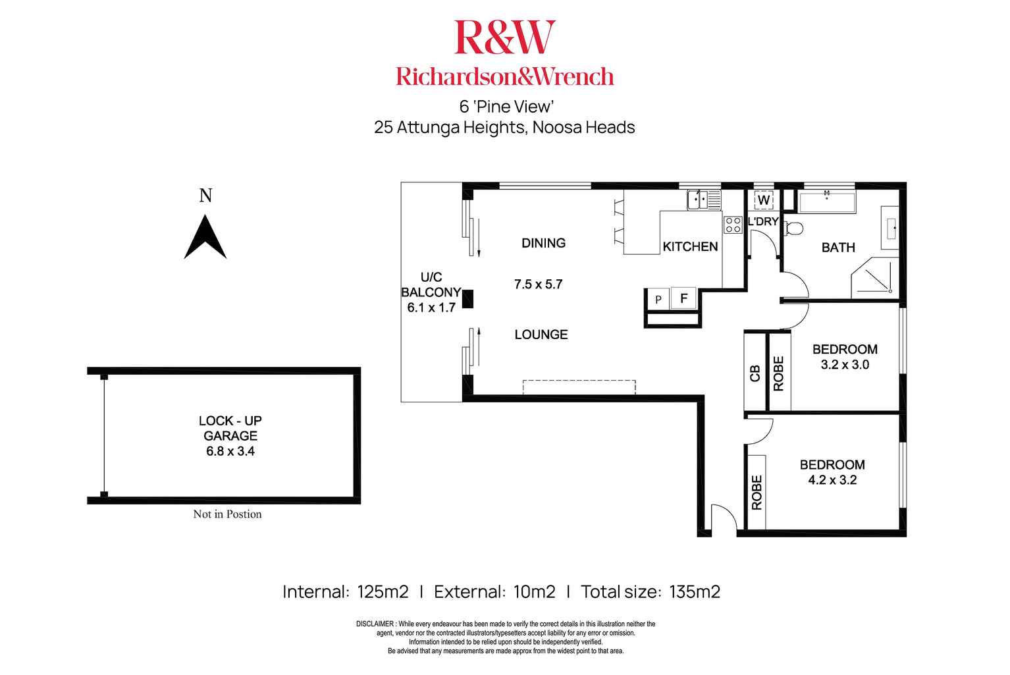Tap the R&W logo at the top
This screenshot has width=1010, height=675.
pos(504,38)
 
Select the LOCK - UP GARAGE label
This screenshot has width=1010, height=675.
pos(230,428)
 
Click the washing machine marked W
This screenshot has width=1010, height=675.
pos(764,199)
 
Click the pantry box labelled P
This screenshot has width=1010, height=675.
pos(658,300)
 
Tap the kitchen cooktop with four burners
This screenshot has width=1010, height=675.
pos(732,225)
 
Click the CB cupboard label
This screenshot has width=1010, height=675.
pos(755,373)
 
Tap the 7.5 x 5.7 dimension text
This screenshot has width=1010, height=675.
pos(539,284)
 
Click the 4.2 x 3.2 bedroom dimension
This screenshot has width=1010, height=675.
pos(832,480)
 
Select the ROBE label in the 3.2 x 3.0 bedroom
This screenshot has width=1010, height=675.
pos(779,373)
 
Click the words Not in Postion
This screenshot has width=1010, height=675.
pos(227,514)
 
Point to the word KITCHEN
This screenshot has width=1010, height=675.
pos(690,246)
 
